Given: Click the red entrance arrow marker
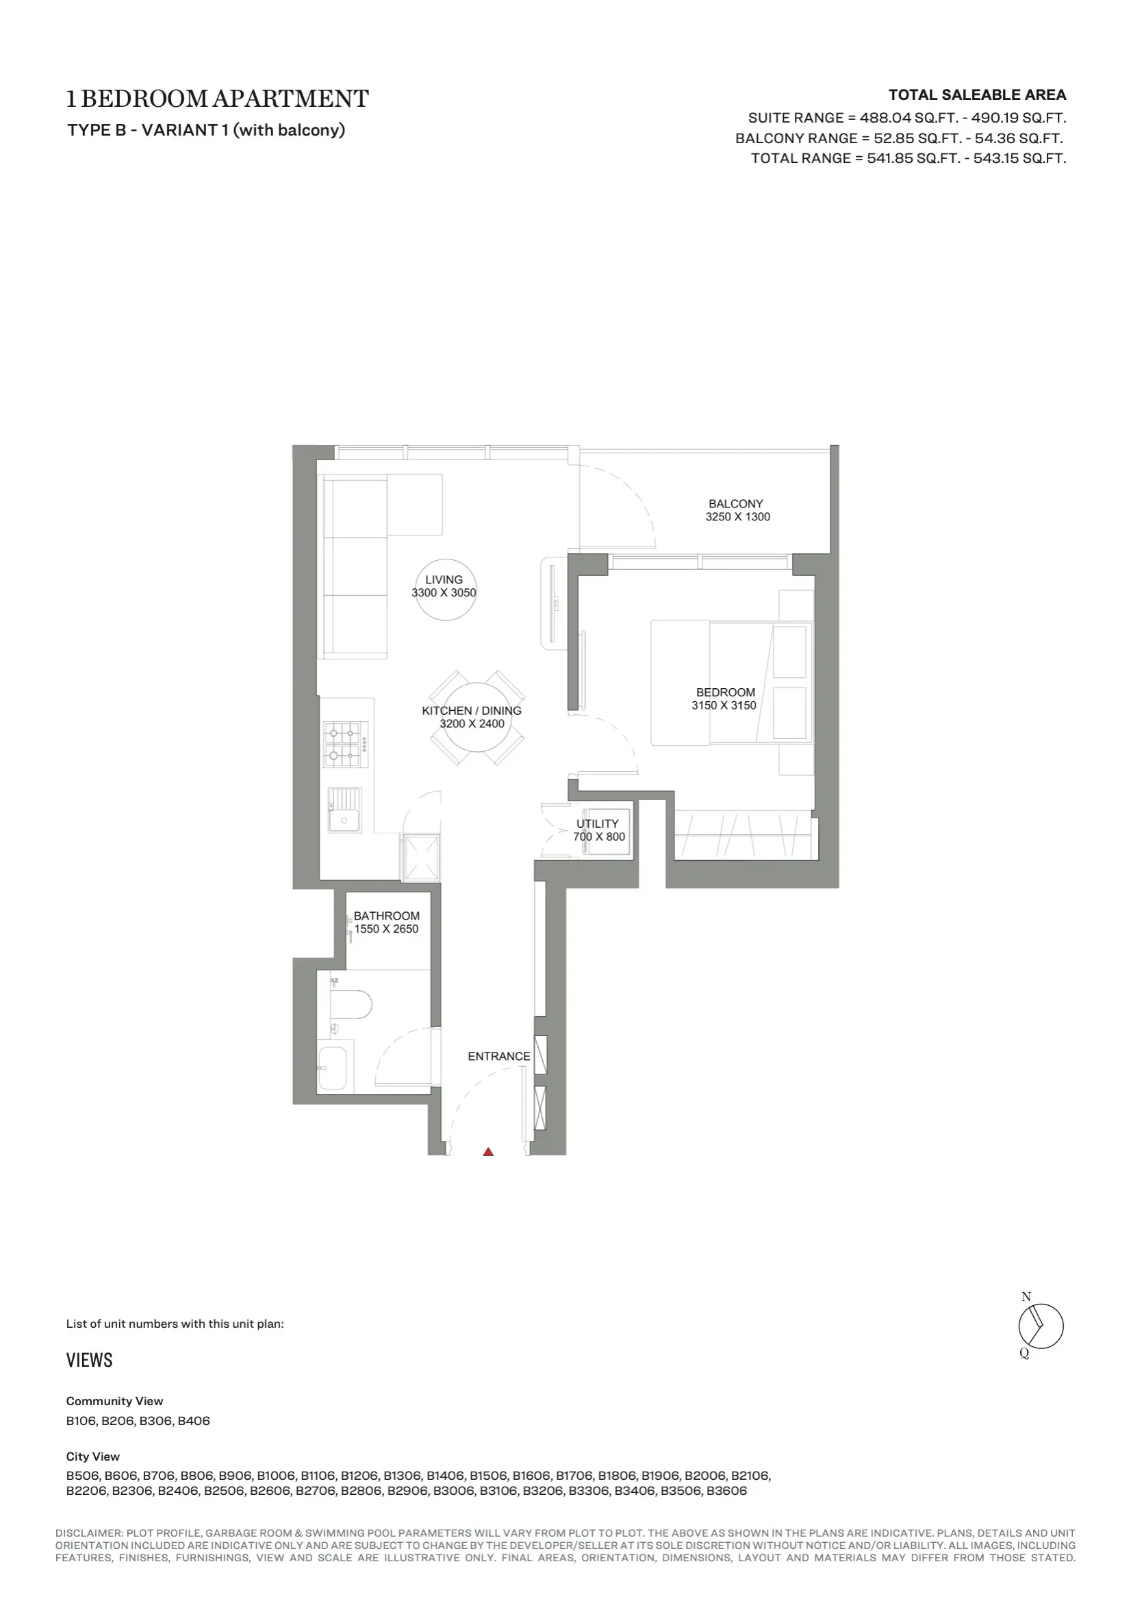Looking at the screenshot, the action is click(x=488, y=1151).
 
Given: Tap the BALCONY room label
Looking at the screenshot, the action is click(x=736, y=503).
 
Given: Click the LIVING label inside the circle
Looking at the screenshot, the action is click(x=444, y=579).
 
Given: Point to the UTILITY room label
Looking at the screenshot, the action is click(x=598, y=824).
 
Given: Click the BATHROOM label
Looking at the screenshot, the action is click(x=386, y=916).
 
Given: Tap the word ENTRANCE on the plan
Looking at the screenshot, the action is click(x=499, y=1057).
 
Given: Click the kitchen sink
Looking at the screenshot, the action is click(x=345, y=810).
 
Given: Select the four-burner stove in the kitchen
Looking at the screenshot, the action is click(x=343, y=744).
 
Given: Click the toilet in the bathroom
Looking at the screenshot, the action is click(x=350, y=1005).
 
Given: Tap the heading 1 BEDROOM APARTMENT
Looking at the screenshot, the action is click(x=218, y=99).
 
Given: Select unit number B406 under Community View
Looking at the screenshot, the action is click(x=194, y=1420).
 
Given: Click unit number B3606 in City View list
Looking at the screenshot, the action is click(x=726, y=1491).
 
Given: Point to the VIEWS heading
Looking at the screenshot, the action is click(x=89, y=1361).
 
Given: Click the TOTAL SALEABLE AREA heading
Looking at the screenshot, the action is click(x=978, y=94).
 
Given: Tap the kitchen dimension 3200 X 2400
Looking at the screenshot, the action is click(x=472, y=724).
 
